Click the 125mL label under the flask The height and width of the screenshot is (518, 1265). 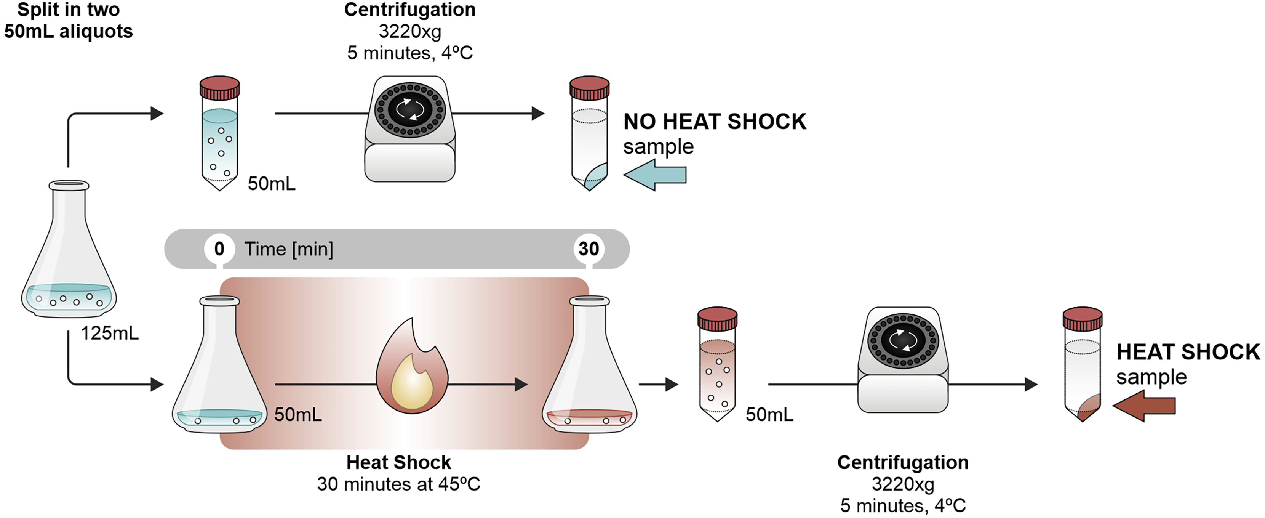coord(109,334)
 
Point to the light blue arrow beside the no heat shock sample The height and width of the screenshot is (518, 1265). coord(655,175)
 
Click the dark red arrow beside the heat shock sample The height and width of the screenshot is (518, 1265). coord(1144,406)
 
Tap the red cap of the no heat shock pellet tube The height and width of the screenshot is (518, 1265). coord(589,88)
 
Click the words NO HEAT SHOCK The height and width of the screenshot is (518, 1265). coord(715,122)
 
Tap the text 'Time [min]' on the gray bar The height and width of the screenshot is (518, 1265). coord(289,249)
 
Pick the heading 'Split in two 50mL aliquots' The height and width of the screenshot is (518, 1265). coord(68,21)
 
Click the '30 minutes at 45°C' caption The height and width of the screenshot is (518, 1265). coord(398,484)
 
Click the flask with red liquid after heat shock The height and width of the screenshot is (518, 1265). coord(589,374)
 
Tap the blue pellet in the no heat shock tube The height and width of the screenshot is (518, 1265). coord(596,176)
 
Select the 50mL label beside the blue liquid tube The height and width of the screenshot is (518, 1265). coord(272,184)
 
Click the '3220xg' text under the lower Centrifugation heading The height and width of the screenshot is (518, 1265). coord(903,484)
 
